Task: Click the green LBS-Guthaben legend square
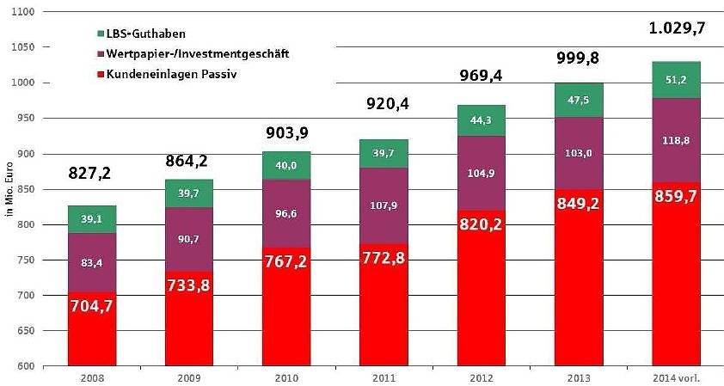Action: [91, 33]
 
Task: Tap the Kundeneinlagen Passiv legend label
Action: [163, 74]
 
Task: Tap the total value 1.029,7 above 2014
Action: [676, 28]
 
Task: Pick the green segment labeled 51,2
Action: [676, 79]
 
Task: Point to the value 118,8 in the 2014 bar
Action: [676, 139]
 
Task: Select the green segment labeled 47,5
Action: [579, 100]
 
